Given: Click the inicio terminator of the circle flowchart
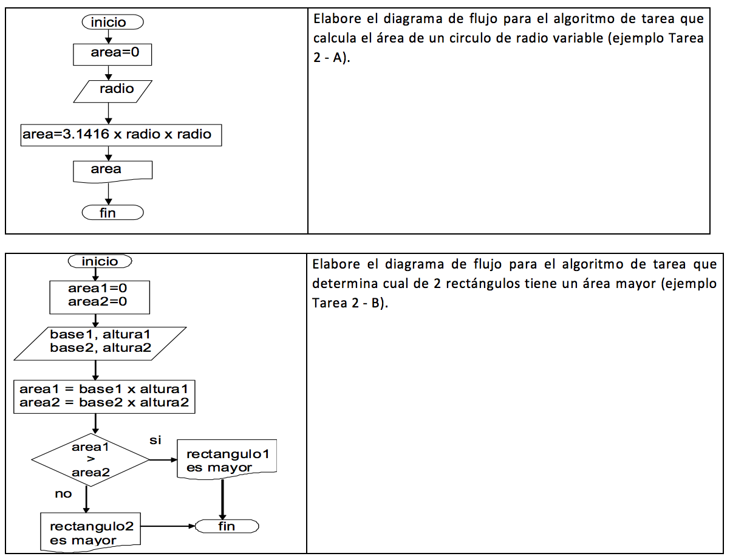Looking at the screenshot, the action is click(112, 22).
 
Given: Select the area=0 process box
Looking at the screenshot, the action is click(112, 54).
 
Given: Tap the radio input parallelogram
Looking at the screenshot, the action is click(112, 91).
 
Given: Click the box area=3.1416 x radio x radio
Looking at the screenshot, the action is click(121, 135).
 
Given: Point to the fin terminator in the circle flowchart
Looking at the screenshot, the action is click(112, 212).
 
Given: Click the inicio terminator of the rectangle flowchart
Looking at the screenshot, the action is click(100, 261).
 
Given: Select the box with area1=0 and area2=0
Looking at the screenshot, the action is click(100, 297).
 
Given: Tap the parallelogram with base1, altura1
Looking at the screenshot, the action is click(100, 344).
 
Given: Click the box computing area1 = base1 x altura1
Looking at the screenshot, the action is click(104, 397).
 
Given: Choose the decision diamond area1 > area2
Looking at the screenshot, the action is click(90, 460).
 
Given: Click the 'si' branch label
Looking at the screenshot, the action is click(155, 440).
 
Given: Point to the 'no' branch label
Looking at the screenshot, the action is click(63, 494).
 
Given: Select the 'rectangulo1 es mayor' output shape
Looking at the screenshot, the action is click(227, 459).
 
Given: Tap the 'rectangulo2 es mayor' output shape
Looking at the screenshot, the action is click(90, 532).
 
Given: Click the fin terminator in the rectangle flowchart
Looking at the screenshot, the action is click(227, 526).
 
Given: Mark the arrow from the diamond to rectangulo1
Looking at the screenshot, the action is click(163, 460).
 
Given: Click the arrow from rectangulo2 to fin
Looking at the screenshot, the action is click(168, 526).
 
